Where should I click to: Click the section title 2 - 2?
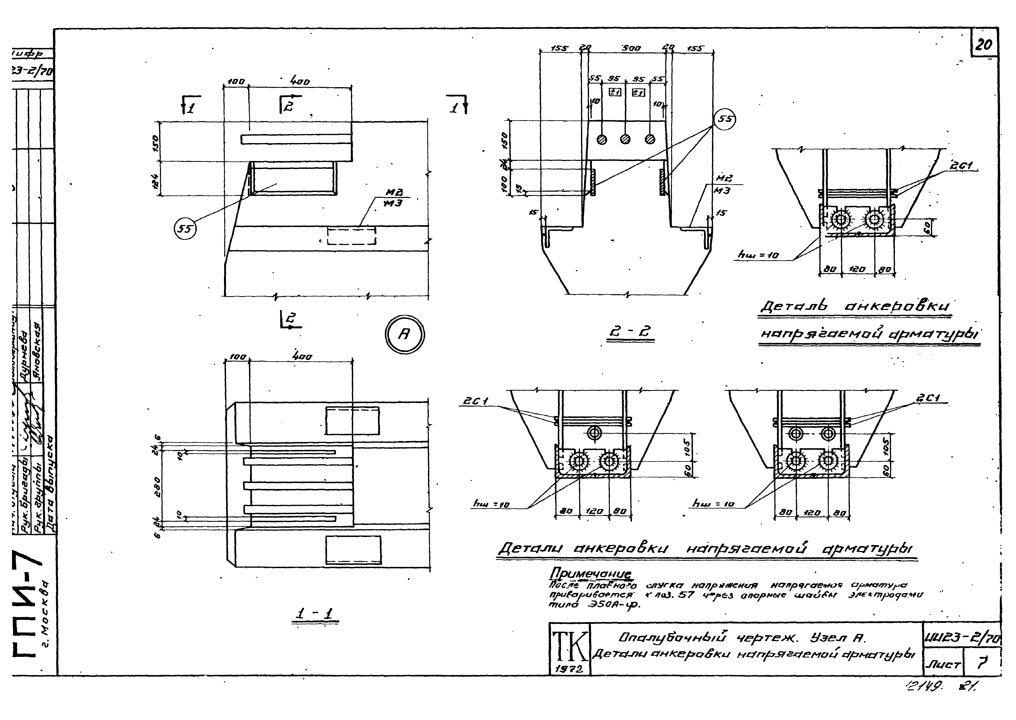[x=630, y=333]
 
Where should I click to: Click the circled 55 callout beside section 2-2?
[x=724, y=119]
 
